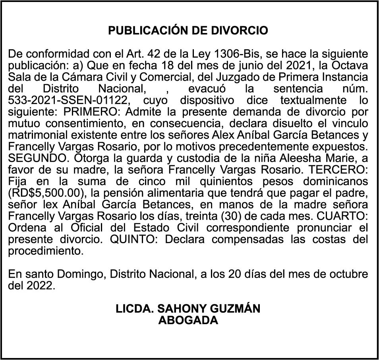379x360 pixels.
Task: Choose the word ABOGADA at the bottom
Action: (188, 320)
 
